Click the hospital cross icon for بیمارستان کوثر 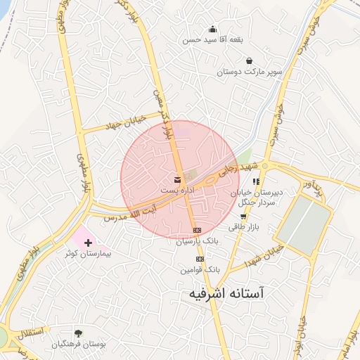[x=88, y=242]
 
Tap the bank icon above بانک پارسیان [x=197, y=230]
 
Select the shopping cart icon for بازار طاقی [x=243, y=217]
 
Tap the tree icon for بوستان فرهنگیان [x=78, y=333]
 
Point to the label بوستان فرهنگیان [x=79, y=345]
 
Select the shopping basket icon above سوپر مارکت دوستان [x=250, y=60]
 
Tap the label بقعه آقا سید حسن [x=213, y=40]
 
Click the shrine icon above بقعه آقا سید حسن [x=213, y=29]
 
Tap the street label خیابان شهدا [x=264, y=257]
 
